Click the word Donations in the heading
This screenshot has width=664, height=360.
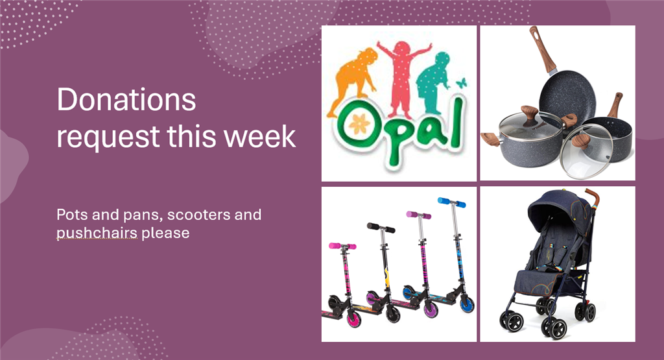[126, 99]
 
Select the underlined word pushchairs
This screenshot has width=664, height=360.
[97, 233]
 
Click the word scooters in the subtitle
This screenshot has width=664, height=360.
[198, 215]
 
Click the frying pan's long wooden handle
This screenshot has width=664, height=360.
[541, 49]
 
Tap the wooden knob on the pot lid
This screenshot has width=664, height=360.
[529, 114]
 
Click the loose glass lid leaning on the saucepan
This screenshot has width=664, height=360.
[586, 153]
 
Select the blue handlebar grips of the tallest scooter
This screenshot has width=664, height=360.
[451, 202]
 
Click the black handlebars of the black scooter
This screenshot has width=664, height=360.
[381, 228]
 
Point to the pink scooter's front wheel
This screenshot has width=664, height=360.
[353, 318]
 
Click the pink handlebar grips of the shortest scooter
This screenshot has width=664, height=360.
[342, 246]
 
